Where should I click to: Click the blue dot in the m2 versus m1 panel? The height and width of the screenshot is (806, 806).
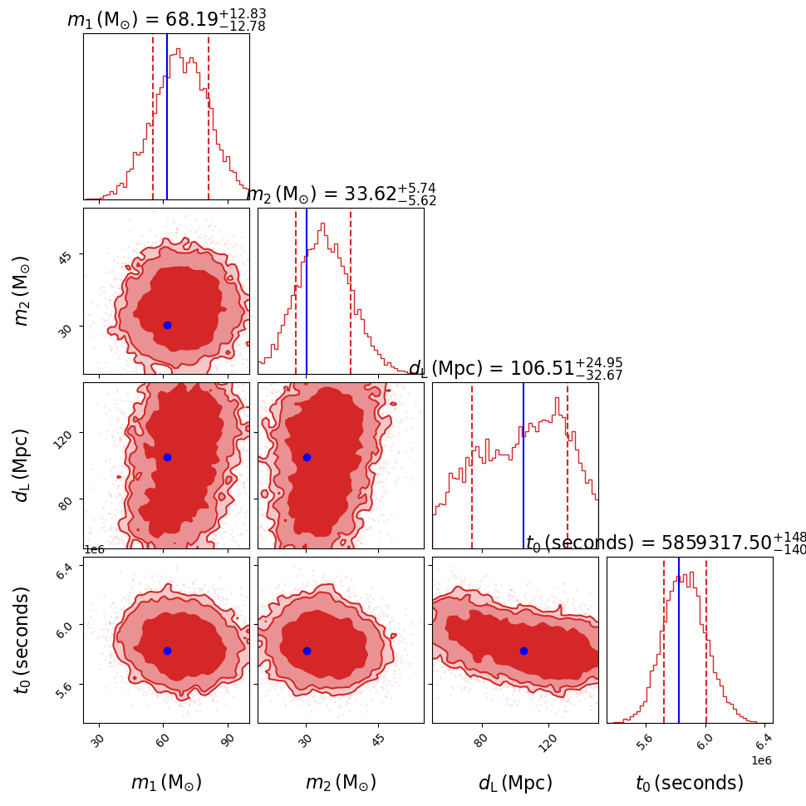tap(167, 325)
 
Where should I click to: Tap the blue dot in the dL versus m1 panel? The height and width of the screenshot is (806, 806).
tap(167, 457)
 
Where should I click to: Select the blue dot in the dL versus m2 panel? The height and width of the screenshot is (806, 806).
tap(307, 457)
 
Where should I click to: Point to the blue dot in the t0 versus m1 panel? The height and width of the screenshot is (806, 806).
tap(167, 651)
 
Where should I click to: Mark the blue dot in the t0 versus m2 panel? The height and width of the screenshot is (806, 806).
tap(307, 651)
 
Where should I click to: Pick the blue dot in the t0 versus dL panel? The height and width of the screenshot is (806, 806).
tap(523, 651)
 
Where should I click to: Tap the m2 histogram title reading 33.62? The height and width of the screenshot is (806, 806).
tap(341, 194)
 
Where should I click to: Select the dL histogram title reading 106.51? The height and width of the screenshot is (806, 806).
tap(515, 369)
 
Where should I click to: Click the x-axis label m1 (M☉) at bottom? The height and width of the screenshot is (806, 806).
tap(166, 783)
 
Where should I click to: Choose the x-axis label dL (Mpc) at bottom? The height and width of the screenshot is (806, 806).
tap(515, 783)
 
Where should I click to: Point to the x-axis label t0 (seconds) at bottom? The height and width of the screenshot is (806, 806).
tap(690, 783)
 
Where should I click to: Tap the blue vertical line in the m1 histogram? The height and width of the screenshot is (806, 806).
tap(167, 116)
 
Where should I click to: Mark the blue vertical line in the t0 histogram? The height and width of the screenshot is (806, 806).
tap(679, 640)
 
